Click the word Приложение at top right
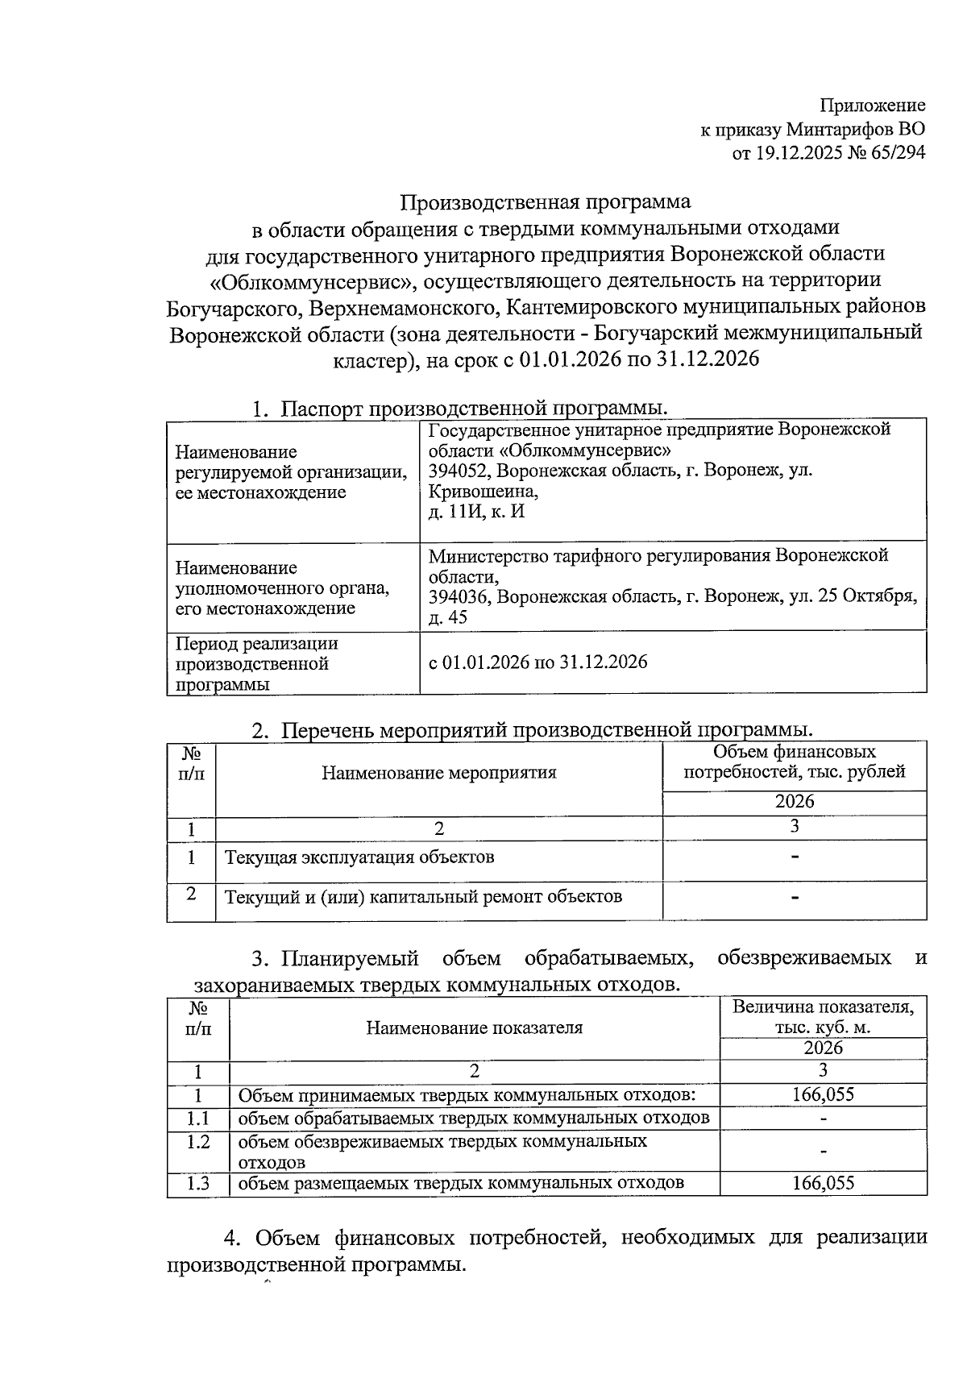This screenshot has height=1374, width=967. tap(873, 106)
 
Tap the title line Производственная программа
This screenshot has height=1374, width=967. tap(546, 201)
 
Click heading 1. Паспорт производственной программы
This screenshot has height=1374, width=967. tap(460, 409)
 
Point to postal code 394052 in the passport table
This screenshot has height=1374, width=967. tap(458, 470)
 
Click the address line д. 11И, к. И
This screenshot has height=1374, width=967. tap(475, 511)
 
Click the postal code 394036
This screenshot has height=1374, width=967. tap(458, 597)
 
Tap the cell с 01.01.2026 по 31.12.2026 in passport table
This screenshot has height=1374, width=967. tap(537, 662)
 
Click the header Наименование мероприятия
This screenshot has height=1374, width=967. tap(439, 774)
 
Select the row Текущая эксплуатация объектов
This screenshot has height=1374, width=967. tap(359, 857)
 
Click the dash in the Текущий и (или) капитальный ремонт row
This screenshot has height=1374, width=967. tap(795, 897)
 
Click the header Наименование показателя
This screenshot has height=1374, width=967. tap(474, 1028)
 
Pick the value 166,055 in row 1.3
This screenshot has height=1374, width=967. tap(823, 1183)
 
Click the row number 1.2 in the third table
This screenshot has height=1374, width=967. tap(198, 1142)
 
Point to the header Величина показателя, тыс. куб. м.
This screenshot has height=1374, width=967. tap(823, 1018)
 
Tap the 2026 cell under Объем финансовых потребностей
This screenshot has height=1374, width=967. tap(795, 802)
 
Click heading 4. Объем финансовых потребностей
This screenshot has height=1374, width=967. tap(546, 1238)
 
